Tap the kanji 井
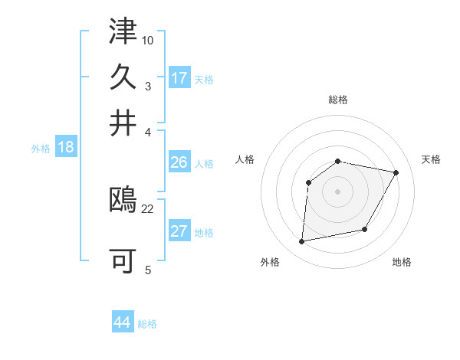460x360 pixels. (123, 122)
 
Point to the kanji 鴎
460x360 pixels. (123, 201)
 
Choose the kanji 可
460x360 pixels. (123, 260)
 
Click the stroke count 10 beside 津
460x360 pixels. (149, 39)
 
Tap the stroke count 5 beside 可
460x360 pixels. (148, 269)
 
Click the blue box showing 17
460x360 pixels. (179, 78)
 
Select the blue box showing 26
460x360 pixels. (179, 162)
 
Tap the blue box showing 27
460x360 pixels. (179, 231)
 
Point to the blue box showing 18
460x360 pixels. (66, 147)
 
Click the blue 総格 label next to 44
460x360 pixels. (147, 324)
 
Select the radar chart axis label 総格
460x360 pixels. (338, 100)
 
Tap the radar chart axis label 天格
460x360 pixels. (431, 159)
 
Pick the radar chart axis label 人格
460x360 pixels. (245, 159)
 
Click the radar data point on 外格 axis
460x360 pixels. (303, 242)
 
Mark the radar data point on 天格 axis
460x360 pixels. (396, 172)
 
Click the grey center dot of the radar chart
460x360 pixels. (338, 191)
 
